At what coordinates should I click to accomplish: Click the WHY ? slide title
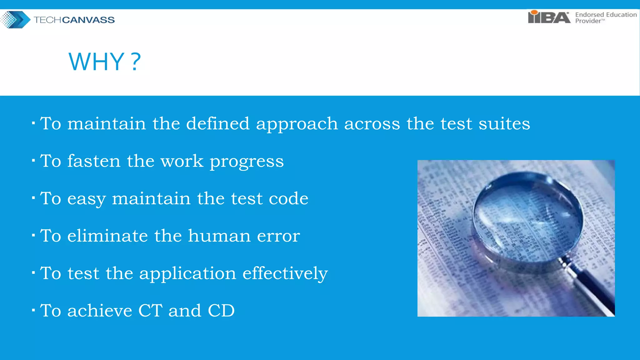click(104, 62)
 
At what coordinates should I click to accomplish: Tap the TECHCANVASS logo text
click(74, 20)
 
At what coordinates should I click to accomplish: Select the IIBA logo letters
click(549, 17)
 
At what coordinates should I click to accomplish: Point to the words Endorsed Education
click(606, 14)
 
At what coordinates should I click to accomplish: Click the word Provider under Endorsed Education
click(588, 21)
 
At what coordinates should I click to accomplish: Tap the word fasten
click(94, 161)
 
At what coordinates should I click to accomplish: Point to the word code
click(288, 198)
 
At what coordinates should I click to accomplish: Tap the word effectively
click(285, 273)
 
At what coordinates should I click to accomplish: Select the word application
click(187, 274)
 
